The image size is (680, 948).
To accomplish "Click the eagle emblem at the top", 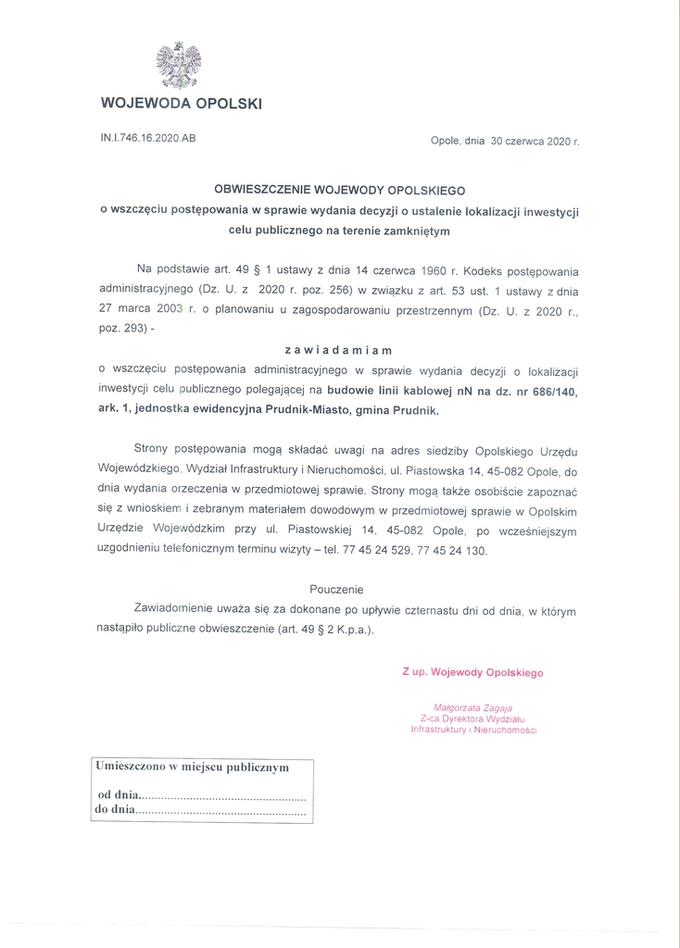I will (178, 64).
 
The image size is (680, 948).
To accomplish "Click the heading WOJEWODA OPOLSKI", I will (181, 104).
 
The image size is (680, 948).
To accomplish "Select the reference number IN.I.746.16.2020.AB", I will (148, 139).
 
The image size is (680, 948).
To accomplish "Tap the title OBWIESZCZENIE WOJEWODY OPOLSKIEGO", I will (340, 190).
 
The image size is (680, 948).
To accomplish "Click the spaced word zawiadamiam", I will (339, 350).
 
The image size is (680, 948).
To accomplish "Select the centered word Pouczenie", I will (336, 590).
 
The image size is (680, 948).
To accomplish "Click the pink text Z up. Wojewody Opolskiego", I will (472, 673).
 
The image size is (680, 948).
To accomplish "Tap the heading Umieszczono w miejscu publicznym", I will (193, 767).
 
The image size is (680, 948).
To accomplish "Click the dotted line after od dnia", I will (222, 795).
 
